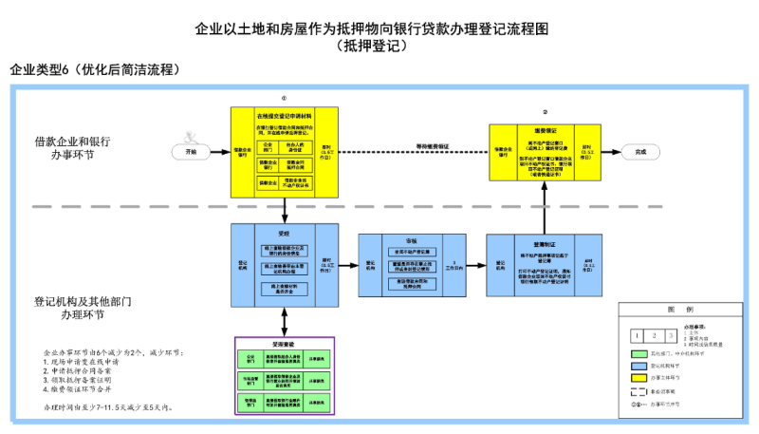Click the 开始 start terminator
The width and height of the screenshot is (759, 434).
tap(191, 151)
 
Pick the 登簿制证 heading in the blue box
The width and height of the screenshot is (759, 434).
tap(544, 243)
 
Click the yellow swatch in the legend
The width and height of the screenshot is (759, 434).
tap(640, 377)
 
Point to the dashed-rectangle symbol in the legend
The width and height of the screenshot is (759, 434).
tap(640, 390)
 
